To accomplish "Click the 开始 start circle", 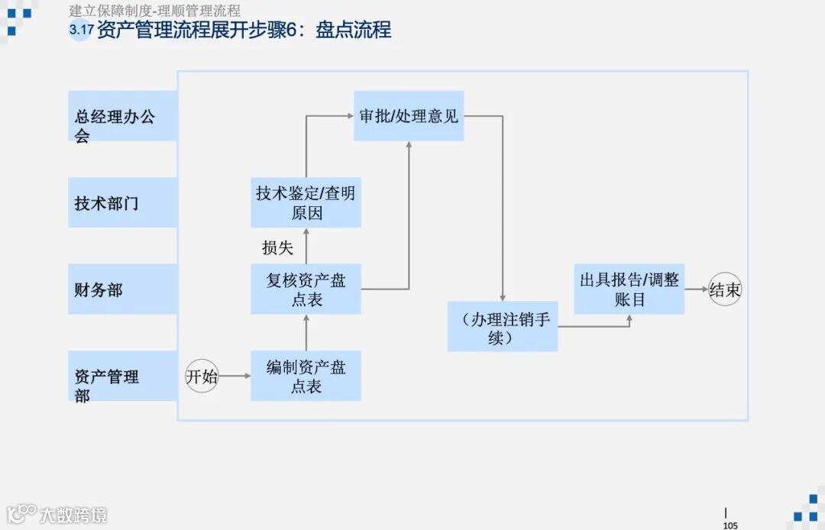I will [202, 376].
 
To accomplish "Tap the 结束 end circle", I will [725, 289].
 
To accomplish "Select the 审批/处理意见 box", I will [409, 116].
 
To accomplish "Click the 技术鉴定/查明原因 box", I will [306, 202].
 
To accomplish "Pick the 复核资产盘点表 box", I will [306, 289].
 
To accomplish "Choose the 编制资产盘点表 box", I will [306, 376].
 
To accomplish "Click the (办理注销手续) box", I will [503, 327].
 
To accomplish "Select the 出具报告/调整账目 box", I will [629, 289].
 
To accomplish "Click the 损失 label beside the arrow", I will [277, 247].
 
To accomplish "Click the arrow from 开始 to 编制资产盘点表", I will [235, 376].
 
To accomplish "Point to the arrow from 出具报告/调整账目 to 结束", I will [696, 289].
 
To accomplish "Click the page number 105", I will [730, 525].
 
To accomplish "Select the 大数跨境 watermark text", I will [73, 515].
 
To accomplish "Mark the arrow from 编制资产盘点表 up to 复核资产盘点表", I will [306, 332].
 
